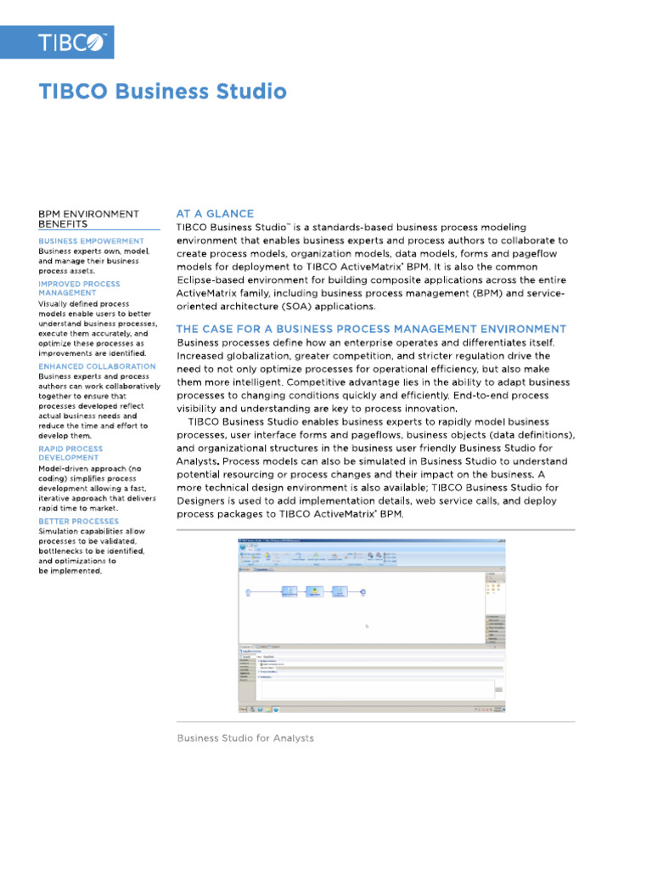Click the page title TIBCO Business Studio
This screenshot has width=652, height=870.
coord(163,92)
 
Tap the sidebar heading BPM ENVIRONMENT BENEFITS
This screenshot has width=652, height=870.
coord(88,219)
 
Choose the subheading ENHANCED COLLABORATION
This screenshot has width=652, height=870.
coord(97,366)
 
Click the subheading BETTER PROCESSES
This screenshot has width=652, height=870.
coord(78,521)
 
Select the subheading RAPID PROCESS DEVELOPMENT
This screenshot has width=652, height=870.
coord(70,453)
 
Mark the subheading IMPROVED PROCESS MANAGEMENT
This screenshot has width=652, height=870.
coord(79,288)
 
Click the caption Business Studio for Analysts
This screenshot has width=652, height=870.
coord(244,738)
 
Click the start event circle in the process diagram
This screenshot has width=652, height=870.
coord(247,591)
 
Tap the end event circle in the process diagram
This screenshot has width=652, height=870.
coord(363,591)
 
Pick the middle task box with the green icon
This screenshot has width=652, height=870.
coord(313,591)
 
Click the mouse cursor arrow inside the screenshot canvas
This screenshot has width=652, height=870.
coord(367,627)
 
